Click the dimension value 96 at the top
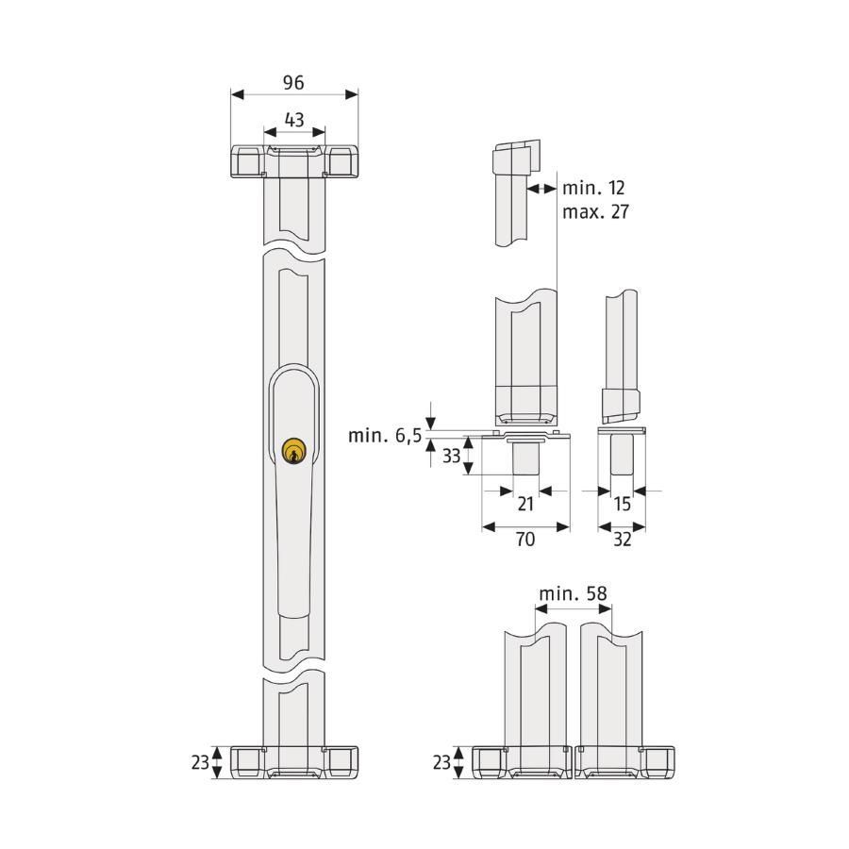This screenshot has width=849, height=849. tap(293, 82)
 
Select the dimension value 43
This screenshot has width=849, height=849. tap(294, 120)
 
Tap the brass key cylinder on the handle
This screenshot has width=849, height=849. tap(294, 451)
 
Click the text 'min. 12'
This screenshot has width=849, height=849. tap(593, 188)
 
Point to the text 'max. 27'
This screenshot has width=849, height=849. tap(595, 211)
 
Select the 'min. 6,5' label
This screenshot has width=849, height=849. tap(385, 435)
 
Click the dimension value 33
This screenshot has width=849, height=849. tap(452, 456)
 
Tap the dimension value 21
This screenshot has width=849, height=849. tap(525, 504)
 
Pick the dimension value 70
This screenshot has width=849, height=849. tap(525, 539)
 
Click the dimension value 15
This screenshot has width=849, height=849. tap(623, 504)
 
